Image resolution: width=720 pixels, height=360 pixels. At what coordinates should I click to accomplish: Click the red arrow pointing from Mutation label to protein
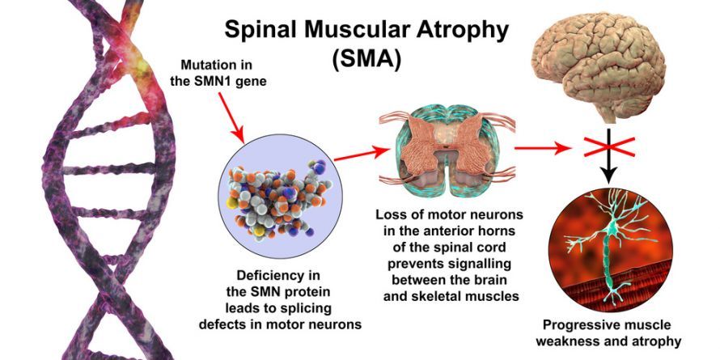pos(231,117)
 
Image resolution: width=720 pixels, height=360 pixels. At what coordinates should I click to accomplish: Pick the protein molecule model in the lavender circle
pos(277,195)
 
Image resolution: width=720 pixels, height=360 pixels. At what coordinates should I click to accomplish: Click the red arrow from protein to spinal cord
pos(362,155)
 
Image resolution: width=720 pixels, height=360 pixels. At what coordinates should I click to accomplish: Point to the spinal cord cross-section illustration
pos(447,150)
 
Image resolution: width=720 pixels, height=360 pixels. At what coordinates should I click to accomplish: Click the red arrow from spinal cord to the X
pos(543,148)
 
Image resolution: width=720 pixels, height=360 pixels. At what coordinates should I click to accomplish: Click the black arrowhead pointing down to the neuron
pos(609,175)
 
